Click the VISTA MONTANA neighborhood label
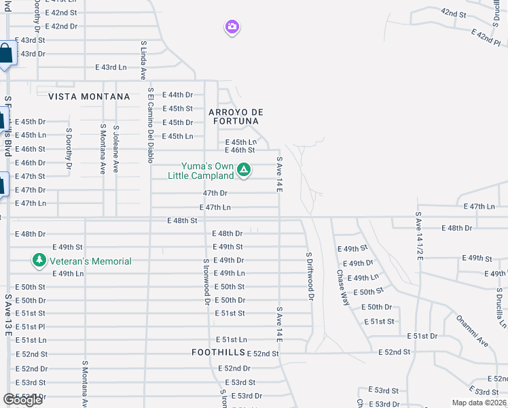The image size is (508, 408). [89, 97]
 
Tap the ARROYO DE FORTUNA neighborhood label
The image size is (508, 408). [235, 116]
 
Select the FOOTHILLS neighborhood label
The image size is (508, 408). [217, 353]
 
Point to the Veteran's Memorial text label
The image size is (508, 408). [89, 261]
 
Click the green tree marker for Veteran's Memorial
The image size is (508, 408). [39, 260]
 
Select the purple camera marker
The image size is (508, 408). [232, 27]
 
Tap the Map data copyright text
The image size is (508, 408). [479, 403]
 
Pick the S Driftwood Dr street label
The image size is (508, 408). [310, 276]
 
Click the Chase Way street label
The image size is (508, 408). [343, 286]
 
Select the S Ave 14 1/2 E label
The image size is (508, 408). [419, 235]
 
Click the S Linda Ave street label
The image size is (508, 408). [143, 61]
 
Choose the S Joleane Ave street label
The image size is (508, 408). [116, 148]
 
